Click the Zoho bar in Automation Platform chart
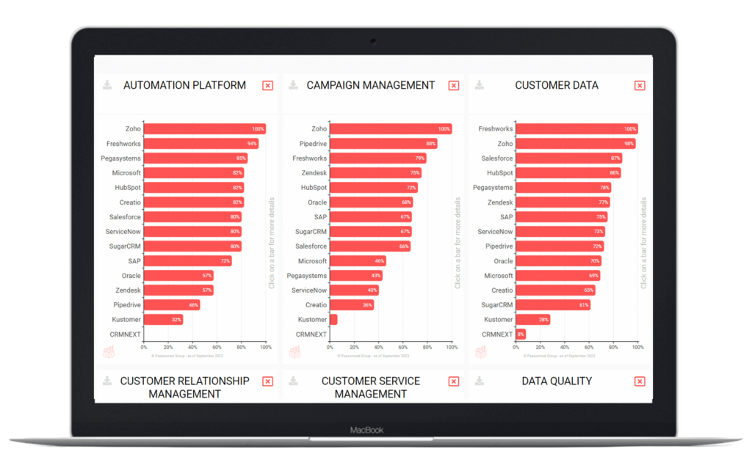tap(204, 129)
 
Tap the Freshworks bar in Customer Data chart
tap(576, 129)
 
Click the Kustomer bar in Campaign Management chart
tap(333, 320)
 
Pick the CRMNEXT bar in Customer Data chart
tap(521, 334)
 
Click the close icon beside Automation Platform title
tap(267, 86)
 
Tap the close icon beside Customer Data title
tap(640, 86)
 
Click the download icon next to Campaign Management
tap(294, 85)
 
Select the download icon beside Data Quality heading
tap(480, 381)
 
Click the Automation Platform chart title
tap(184, 85)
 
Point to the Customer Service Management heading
tap(370, 387)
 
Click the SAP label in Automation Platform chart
tap(134, 261)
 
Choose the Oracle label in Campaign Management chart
tap(317, 202)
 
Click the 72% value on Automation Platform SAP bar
tap(225, 261)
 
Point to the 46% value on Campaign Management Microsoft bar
tap(379, 261)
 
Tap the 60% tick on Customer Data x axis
tap(589, 348)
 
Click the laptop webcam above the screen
tap(374, 40)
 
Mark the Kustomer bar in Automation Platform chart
tap(163, 320)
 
